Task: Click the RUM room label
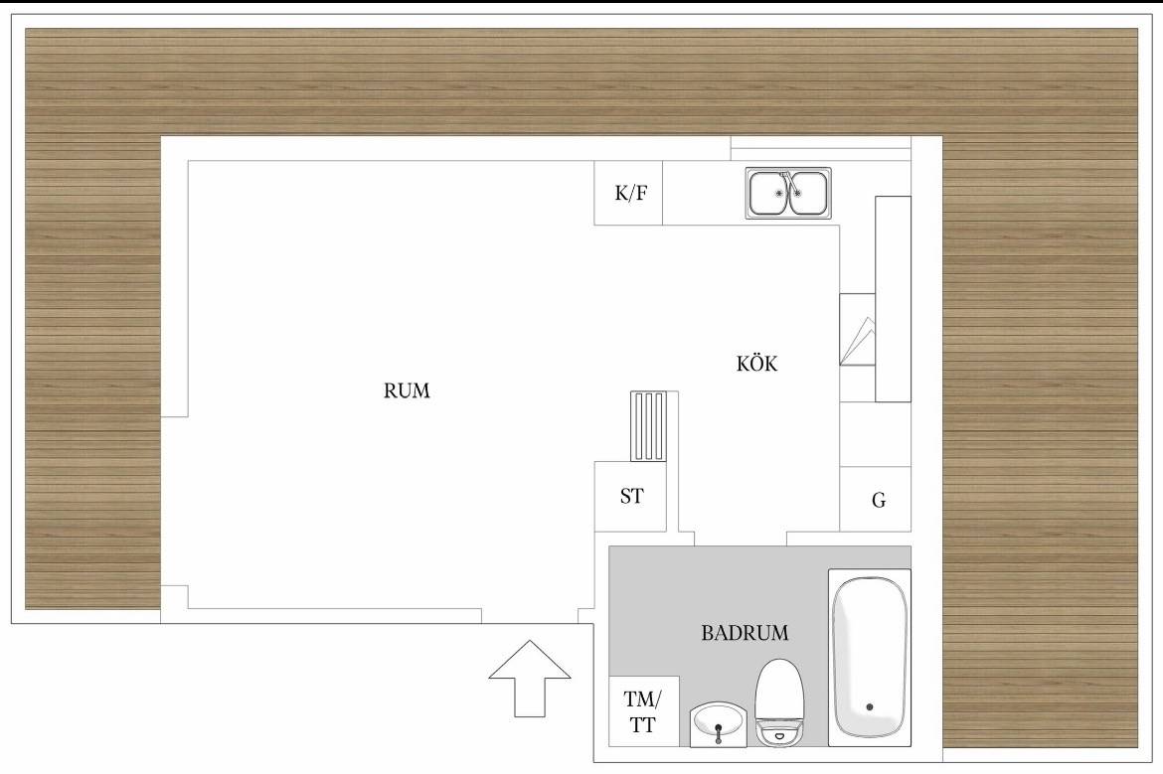click(x=407, y=390)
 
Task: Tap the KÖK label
click(x=756, y=364)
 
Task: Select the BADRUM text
click(x=745, y=633)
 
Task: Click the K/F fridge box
click(x=628, y=193)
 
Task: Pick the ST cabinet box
click(x=630, y=496)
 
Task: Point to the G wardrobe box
click(x=875, y=499)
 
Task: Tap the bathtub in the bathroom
click(x=870, y=654)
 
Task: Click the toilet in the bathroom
click(x=778, y=701)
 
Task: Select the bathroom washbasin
click(x=718, y=724)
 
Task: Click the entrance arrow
click(x=530, y=678)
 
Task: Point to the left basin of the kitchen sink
click(x=768, y=193)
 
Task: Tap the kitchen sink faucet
click(x=786, y=181)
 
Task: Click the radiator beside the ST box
click(x=649, y=426)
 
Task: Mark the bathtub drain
click(x=870, y=706)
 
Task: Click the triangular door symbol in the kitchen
click(x=858, y=340)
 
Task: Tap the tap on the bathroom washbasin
click(x=718, y=732)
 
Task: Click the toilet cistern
click(x=778, y=733)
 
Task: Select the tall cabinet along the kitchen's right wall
click(x=893, y=299)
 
